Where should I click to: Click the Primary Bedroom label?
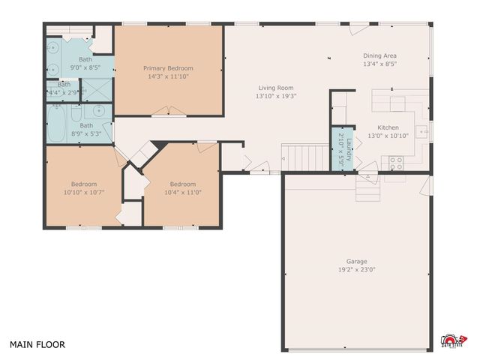coord(168,68)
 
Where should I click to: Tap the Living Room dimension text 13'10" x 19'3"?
coord(271,95)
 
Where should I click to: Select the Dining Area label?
coord(379,55)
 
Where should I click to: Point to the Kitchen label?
coord(388,127)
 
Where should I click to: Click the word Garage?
coord(356,261)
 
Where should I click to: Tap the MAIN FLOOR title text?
coord(37,345)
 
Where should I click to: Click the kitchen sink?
coord(421,128)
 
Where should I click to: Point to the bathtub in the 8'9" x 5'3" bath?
coord(58,124)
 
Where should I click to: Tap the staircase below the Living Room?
coord(305,157)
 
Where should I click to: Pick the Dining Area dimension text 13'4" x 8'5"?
coord(379,64)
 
